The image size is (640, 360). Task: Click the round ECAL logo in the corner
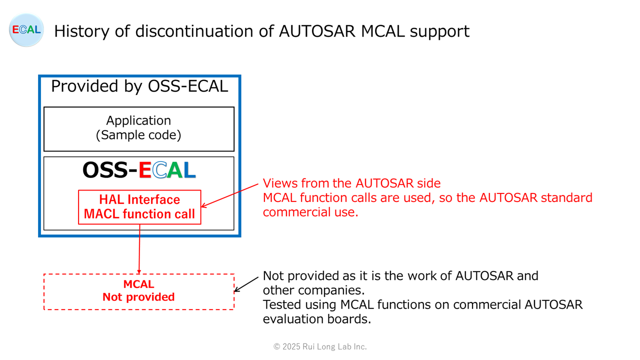(x=26, y=29)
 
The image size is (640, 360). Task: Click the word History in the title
(x=81, y=31)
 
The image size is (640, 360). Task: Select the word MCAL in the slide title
(x=383, y=31)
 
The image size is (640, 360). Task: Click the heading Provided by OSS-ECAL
(x=139, y=86)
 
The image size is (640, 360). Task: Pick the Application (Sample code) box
(x=139, y=129)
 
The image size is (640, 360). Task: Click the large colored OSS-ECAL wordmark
(x=139, y=170)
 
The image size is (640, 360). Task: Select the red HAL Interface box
(x=139, y=207)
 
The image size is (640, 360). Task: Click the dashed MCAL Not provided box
(x=139, y=291)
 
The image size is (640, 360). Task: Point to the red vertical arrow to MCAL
(x=139, y=249)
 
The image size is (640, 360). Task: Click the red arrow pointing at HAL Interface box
(x=229, y=195)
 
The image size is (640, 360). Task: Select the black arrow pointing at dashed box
(x=246, y=284)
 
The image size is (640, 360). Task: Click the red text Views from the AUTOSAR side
(x=351, y=183)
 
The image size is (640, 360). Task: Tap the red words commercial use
(x=310, y=212)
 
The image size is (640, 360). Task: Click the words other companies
(x=313, y=290)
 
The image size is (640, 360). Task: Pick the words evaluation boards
(x=317, y=319)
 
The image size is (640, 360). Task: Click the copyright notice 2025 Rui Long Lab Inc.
(x=320, y=346)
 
